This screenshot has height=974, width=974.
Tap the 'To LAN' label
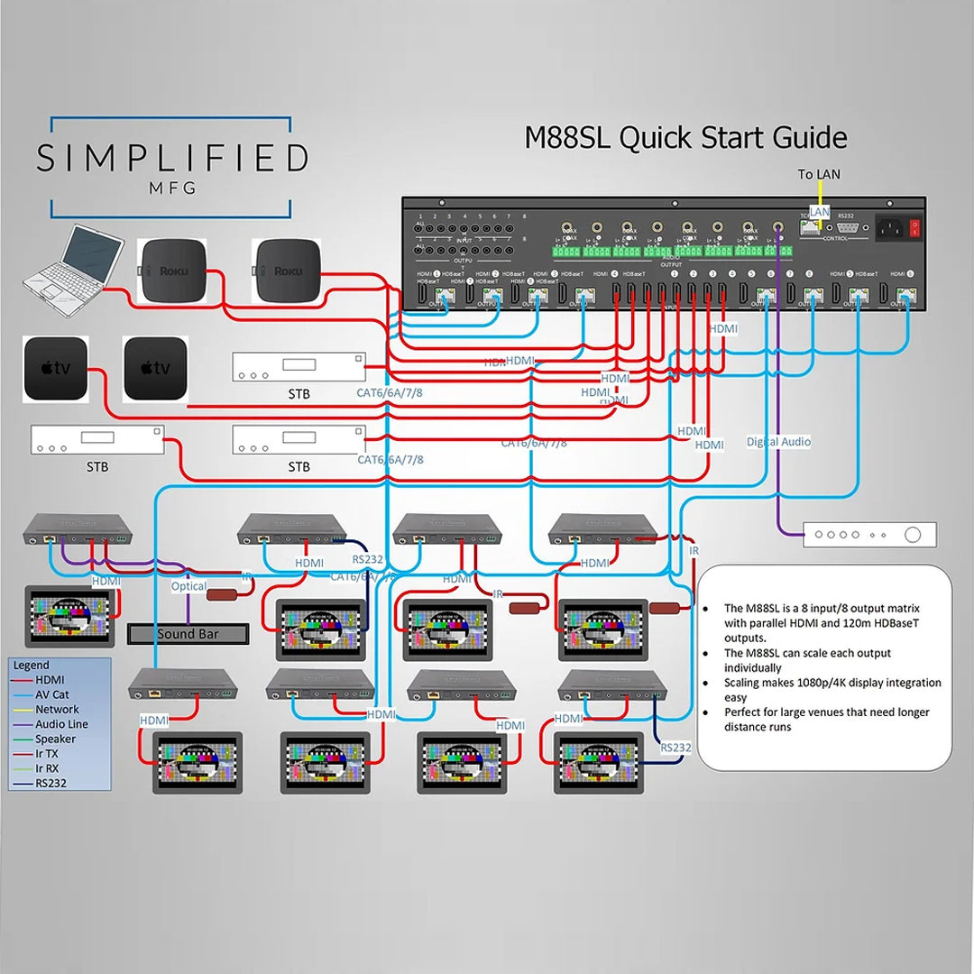point(819,174)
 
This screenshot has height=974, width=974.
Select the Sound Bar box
point(188,634)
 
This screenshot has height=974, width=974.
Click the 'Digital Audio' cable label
point(778,442)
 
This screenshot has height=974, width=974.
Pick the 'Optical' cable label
point(188,586)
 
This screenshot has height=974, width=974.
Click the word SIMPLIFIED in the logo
point(172,159)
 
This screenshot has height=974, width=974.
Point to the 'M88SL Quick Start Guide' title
point(685,138)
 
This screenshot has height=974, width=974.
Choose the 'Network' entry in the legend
point(57,710)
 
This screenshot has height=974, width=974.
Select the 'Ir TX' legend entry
point(47,754)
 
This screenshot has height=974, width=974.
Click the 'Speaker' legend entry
point(55,740)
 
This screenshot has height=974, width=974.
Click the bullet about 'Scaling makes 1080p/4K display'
point(832,689)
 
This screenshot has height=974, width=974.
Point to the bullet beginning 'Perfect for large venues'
point(826,719)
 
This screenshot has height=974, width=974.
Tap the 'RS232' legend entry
point(51,784)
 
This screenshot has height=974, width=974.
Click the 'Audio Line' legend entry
point(61,724)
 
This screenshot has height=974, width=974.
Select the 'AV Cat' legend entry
point(52,694)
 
